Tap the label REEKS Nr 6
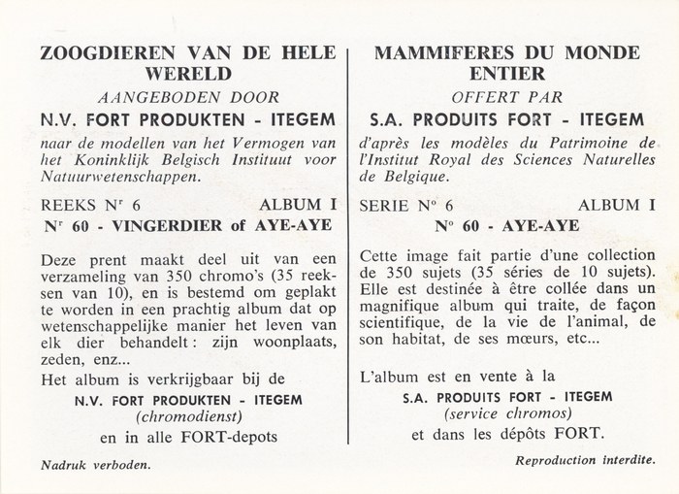(72, 207)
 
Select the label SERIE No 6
(398, 207)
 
